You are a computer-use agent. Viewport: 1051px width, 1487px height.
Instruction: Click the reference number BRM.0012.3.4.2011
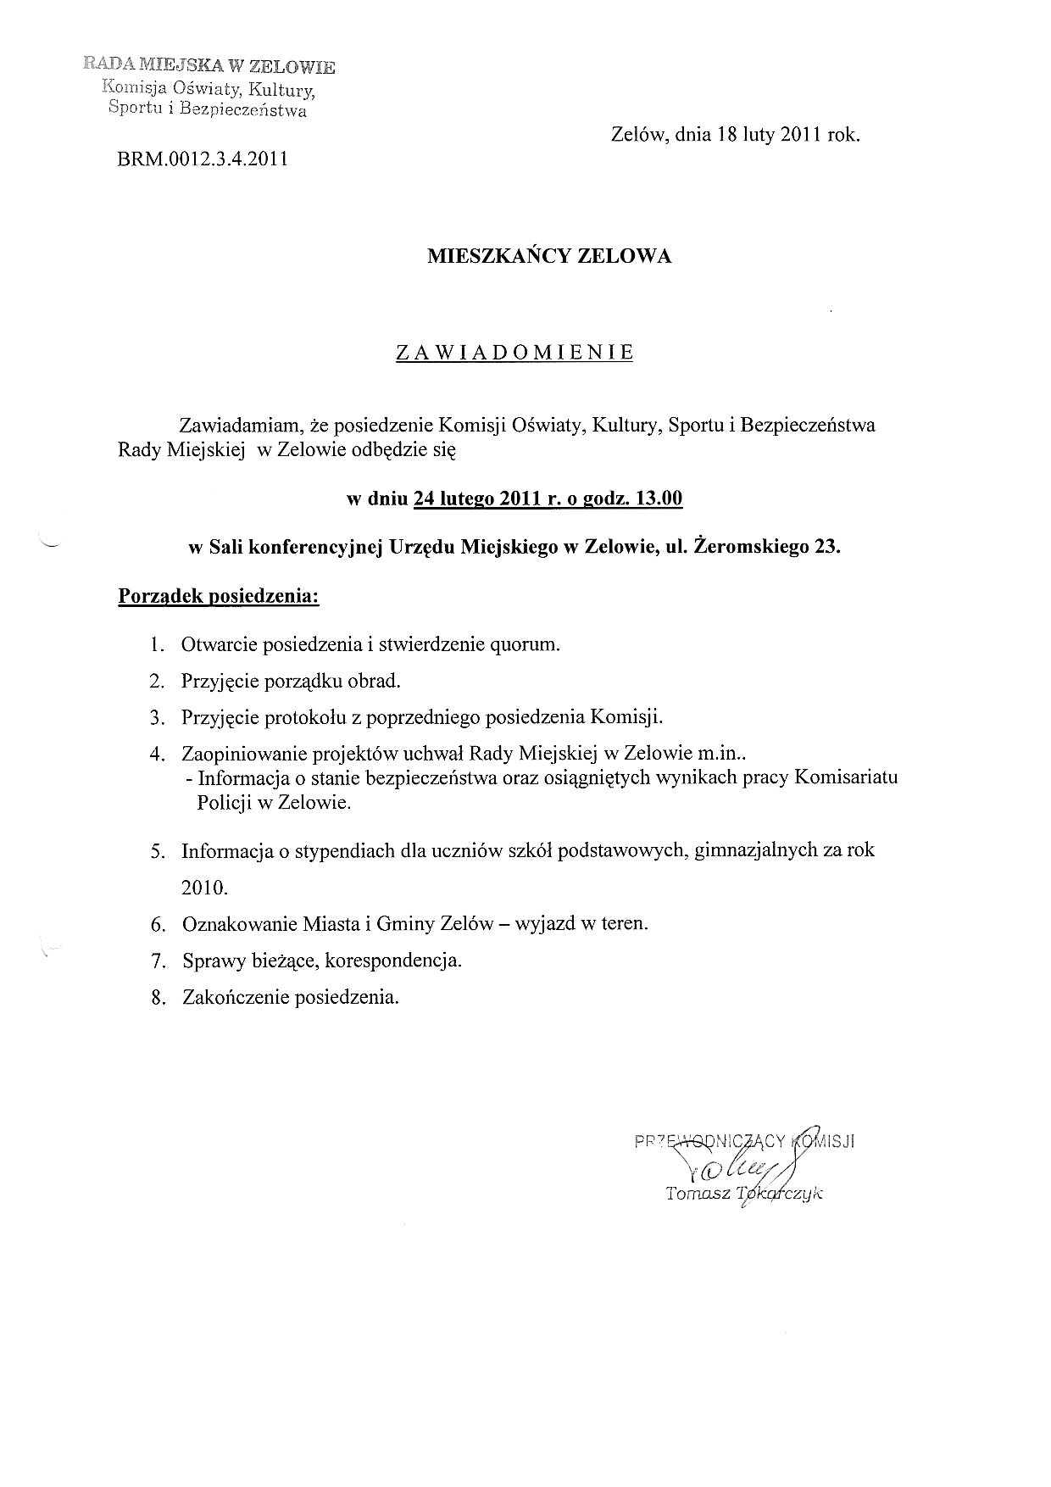pyautogui.click(x=203, y=159)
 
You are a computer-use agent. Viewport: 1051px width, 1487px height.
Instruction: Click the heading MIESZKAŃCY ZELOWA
pyautogui.click(x=548, y=257)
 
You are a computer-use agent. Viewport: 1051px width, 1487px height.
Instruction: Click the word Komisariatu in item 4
pyautogui.click(x=847, y=777)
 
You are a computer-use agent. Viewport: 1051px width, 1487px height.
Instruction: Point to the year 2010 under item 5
pyautogui.click(x=204, y=888)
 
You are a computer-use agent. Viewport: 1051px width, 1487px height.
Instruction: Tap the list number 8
pyautogui.click(x=156, y=998)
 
